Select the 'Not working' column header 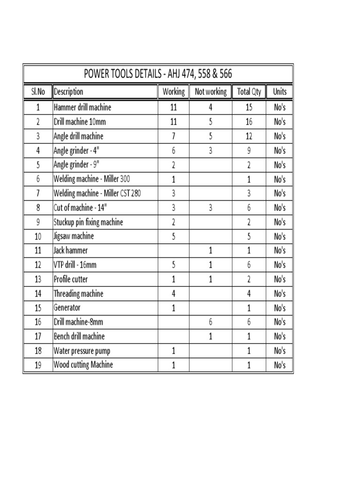click(210, 92)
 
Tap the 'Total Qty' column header click(249, 92)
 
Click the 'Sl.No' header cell click(37, 92)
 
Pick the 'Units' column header click(279, 92)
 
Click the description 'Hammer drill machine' click(82, 107)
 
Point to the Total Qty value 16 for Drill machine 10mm click(249, 122)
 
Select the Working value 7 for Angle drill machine click(173, 136)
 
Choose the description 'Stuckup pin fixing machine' click(88, 222)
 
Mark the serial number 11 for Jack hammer click(37, 251)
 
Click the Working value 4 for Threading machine click(173, 294)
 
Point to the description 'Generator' click(67, 308)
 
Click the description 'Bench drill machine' click(79, 337)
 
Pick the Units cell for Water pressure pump click(279, 351)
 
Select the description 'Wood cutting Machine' click(83, 365)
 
